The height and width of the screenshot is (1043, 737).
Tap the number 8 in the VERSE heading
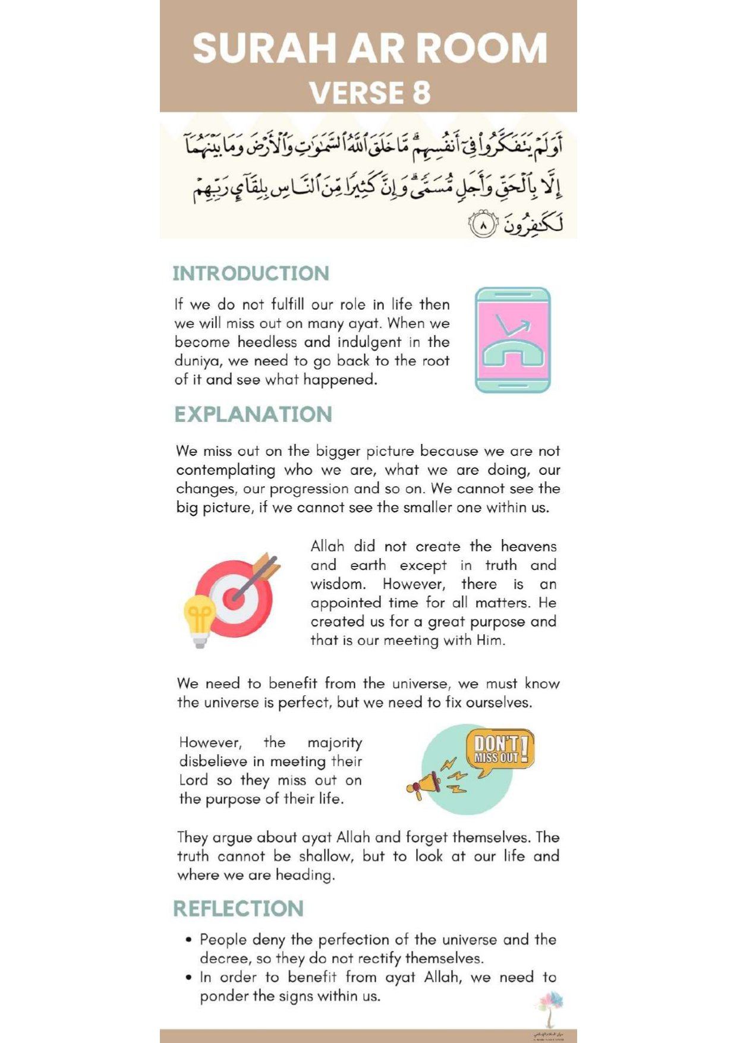[x=421, y=93]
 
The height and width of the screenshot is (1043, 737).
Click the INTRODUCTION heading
[x=251, y=273]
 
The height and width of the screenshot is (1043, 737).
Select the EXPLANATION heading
[x=253, y=414]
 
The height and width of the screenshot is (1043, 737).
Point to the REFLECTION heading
[x=238, y=909]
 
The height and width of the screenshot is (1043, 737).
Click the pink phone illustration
[x=513, y=340]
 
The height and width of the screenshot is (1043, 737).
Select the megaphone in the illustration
[x=425, y=784]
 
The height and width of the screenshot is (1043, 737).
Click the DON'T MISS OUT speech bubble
[x=500, y=750]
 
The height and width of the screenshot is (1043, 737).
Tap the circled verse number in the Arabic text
[x=483, y=226]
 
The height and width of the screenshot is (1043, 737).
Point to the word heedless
[x=267, y=342]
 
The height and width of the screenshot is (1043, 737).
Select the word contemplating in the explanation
[x=226, y=470]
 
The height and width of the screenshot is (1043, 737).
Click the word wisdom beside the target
[x=337, y=584]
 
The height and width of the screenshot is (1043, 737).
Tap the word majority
[x=335, y=743]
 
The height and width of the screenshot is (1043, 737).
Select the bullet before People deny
[x=188, y=940]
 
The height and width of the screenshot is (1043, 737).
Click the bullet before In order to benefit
[x=188, y=978]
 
